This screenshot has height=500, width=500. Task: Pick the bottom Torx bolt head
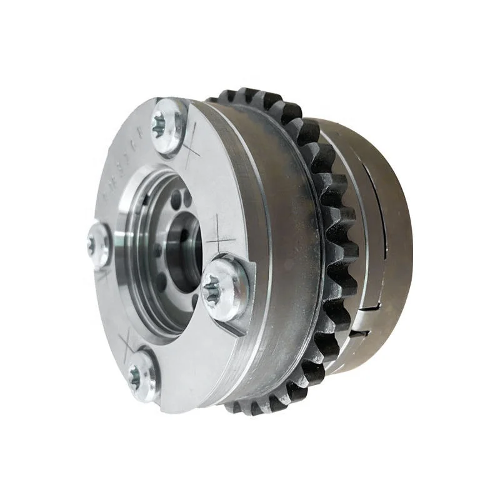[141, 374]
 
